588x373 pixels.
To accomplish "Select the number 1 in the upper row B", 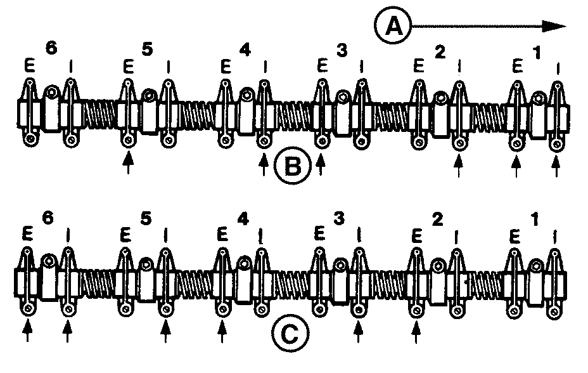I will [x=538, y=53].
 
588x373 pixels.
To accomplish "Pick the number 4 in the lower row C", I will [x=243, y=218].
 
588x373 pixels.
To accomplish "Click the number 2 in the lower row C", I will [x=437, y=219].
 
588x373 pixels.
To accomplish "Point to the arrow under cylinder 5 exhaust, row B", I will [x=128, y=164].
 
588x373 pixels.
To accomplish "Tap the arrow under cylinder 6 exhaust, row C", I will [x=28, y=330].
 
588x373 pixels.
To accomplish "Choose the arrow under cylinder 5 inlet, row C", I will [x=166, y=330].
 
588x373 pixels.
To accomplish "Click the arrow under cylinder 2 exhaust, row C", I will [x=416, y=330].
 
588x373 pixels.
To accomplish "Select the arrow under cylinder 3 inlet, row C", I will [x=359, y=330].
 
